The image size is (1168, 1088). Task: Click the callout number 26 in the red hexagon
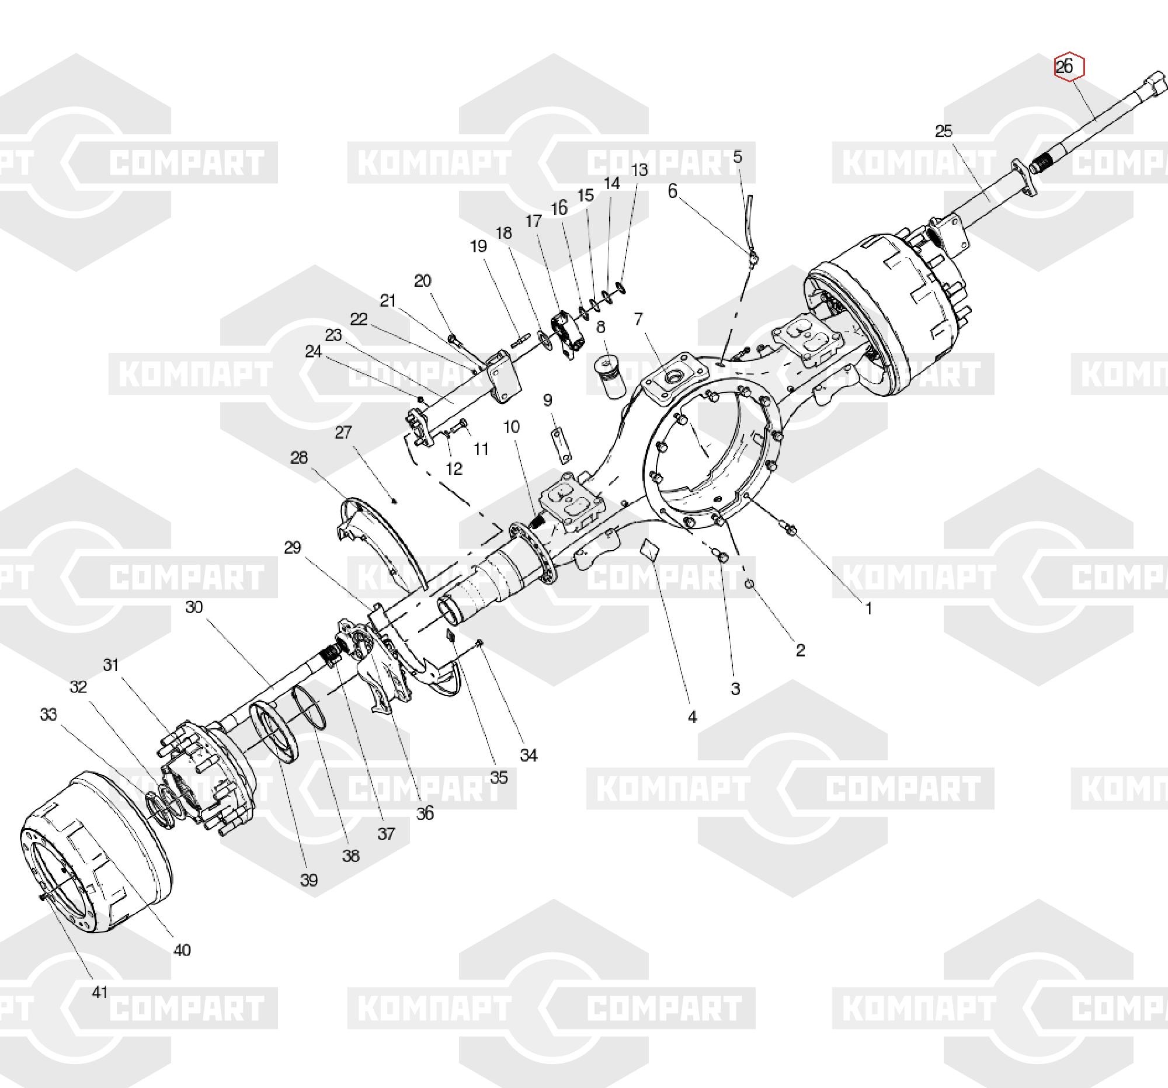point(1064,67)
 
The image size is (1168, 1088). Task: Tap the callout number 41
point(100,992)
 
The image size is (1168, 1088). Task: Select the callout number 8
point(600,327)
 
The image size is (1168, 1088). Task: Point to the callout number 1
point(868,609)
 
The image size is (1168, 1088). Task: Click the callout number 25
point(943,131)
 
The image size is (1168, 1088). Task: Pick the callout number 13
point(639,170)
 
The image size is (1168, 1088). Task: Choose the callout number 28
point(299,457)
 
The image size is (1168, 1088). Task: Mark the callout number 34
point(528,755)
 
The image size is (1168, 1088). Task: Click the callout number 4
point(691,717)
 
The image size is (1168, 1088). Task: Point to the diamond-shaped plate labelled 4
point(649,550)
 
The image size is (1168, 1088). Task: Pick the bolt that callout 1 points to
point(790,530)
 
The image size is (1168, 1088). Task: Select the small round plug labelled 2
point(750,583)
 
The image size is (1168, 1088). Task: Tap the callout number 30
point(194,606)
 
